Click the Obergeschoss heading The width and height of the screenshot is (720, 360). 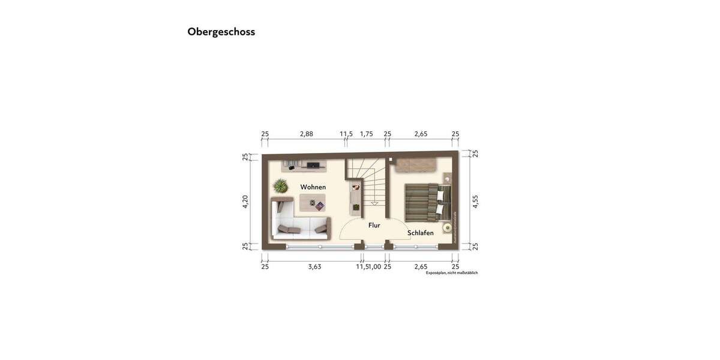[221, 32]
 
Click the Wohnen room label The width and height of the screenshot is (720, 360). [313, 187]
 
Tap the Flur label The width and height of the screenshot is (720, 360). [374, 226]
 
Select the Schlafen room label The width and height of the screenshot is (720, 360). [421, 233]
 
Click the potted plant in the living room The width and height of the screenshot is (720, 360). [280, 186]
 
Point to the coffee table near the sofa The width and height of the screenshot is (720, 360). [313, 203]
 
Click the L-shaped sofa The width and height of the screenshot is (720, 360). [299, 219]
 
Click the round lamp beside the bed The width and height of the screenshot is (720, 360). [446, 227]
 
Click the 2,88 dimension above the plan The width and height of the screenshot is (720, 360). [306, 134]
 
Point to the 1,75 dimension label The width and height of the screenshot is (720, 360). [367, 134]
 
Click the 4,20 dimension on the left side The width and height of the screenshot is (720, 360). [245, 202]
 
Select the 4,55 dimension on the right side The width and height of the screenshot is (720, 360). [475, 202]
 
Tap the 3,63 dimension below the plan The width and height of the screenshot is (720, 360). [314, 266]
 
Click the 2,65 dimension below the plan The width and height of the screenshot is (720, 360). [421, 266]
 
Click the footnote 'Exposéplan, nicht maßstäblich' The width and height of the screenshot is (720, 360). [452, 273]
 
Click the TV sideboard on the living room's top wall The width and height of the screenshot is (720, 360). [304, 164]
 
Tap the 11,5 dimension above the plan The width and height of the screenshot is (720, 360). [346, 134]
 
